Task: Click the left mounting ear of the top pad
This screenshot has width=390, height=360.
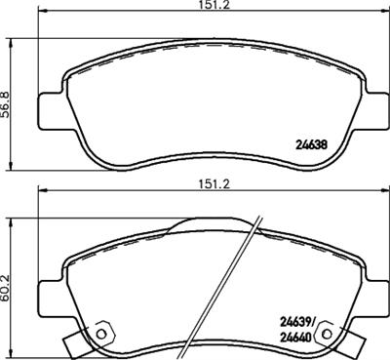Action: (x=51, y=106)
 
